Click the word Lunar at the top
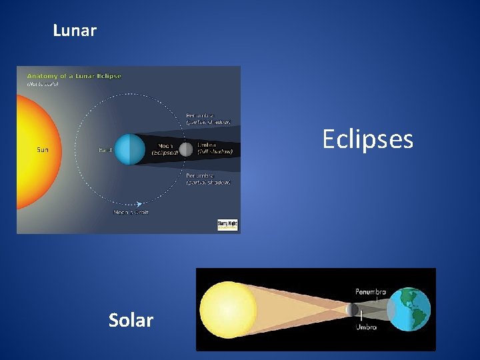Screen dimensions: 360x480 pos(75,31)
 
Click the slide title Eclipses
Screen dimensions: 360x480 pos(367,139)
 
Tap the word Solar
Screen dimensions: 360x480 pos(131,320)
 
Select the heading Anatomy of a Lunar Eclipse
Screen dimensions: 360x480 pos(74,76)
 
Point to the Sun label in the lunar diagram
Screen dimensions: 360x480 pos(42,149)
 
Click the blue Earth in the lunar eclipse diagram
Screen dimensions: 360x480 pos(129,149)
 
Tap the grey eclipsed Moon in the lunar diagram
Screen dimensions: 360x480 pos(186,149)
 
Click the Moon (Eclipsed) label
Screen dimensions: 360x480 pos(164,149)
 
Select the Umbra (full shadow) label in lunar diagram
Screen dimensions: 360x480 pos(215,148)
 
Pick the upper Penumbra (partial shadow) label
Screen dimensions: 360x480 pos(208,118)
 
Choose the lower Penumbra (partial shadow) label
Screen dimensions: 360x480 pos(208,179)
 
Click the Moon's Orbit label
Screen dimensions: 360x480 pos(131,212)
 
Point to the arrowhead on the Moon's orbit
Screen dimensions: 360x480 pos(139,204)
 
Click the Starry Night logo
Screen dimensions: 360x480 pos(227,225)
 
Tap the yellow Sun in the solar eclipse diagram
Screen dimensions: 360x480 pos(228,309)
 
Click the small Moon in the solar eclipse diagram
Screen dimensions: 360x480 pos(352,309)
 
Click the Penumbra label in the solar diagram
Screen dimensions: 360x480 pos(370,292)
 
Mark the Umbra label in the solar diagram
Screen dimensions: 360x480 pos(366,327)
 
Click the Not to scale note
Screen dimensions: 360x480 pos(43,84)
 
